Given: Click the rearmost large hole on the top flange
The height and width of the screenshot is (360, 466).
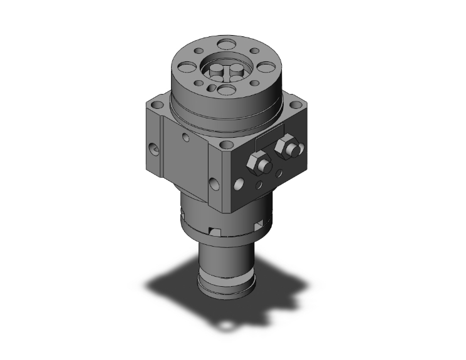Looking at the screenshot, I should pos(223,44).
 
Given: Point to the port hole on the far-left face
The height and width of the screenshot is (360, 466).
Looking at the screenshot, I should pos(154,150).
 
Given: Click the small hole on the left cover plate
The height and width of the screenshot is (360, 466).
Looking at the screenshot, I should pos(185,136).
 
